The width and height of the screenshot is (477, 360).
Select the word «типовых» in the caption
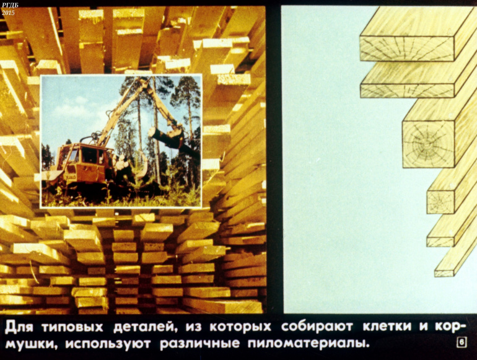pos(72,327)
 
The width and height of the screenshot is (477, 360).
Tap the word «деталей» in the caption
pos(144,327)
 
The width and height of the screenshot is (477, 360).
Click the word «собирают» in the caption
pos(317,327)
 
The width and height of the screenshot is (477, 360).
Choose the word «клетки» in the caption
pos(387,327)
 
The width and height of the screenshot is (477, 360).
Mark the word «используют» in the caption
pos(108,344)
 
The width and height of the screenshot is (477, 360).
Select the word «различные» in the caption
pos(199,344)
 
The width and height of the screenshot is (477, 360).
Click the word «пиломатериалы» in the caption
pos(308,344)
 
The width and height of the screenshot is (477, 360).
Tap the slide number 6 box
pos(462,343)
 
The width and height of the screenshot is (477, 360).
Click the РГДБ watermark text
pos(10,5)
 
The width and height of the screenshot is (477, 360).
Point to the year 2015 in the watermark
pos(8,13)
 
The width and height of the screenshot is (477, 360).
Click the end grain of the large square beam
pos(428,144)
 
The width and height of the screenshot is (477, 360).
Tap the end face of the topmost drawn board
pos(407,49)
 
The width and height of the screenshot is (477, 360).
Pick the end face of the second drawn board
pos(407,90)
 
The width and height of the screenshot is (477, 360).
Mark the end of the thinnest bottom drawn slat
pos(444,273)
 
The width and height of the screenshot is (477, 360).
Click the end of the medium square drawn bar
pos(440,202)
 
